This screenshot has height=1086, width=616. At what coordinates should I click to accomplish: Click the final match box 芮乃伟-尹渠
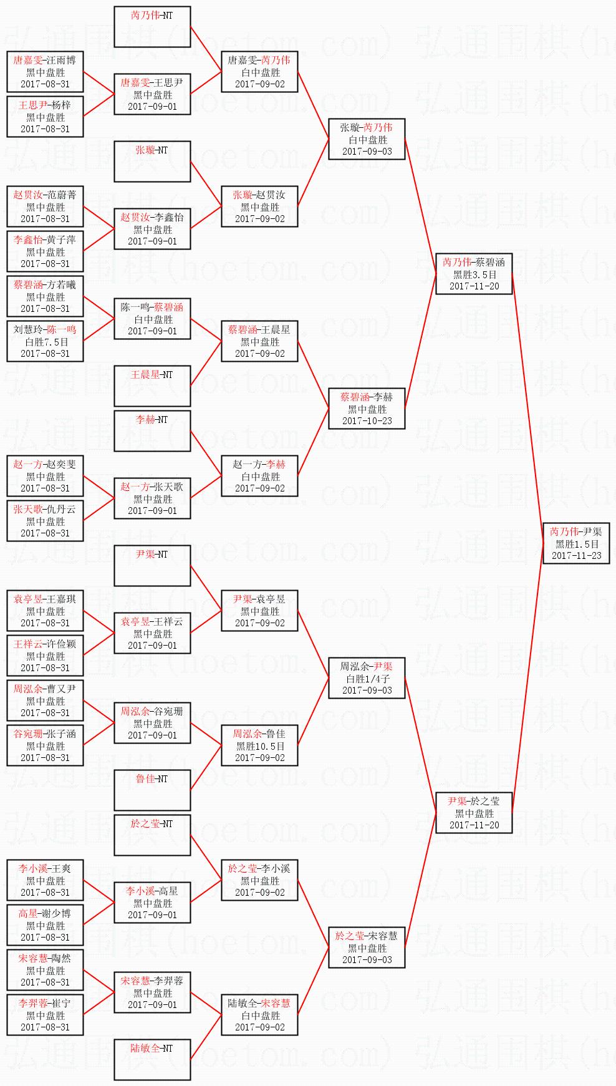pyautogui.click(x=576, y=543)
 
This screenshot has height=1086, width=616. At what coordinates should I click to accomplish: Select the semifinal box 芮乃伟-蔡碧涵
pyautogui.click(x=474, y=274)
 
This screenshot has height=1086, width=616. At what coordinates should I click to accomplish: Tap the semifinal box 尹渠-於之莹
pyautogui.click(x=474, y=813)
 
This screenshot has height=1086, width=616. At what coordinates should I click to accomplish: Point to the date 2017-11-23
pyautogui.click(x=576, y=555)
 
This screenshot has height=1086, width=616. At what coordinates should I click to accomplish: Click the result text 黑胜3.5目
pyautogui.click(x=474, y=274)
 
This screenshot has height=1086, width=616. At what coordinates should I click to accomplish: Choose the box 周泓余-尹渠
pyautogui.click(x=367, y=678)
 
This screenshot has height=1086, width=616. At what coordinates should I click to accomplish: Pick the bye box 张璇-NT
pyautogui.click(x=152, y=162)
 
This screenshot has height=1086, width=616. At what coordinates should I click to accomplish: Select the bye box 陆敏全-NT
pyautogui.click(x=152, y=1060)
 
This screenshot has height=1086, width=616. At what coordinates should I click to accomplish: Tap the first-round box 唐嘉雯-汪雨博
pyautogui.click(x=45, y=72)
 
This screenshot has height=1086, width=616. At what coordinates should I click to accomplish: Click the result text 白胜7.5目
pyautogui.click(x=45, y=342)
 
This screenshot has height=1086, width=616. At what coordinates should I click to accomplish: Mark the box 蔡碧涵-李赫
pyautogui.click(x=367, y=409)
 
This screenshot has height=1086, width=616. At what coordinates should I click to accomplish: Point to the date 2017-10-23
pyautogui.click(x=367, y=421)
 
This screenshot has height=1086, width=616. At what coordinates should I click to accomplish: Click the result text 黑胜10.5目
pyautogui.click(x=259, y=746)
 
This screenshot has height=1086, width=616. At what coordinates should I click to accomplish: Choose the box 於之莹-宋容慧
pyautogui.click(x=367, y=948)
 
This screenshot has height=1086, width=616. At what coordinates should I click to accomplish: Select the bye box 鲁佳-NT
pyautogui.click(x=152, y=790)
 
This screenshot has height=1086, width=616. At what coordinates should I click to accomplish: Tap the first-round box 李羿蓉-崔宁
pyautogui.click(x=45, y=1015)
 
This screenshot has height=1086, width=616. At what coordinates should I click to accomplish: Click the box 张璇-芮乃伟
pyautogui.click(x=367, y=139)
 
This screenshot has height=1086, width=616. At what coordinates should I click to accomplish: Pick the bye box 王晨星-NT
pyautogui.click(x=152, y=386)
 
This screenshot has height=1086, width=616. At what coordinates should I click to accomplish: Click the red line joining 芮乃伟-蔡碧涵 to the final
pyautogui.click(x=527, y=409)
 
